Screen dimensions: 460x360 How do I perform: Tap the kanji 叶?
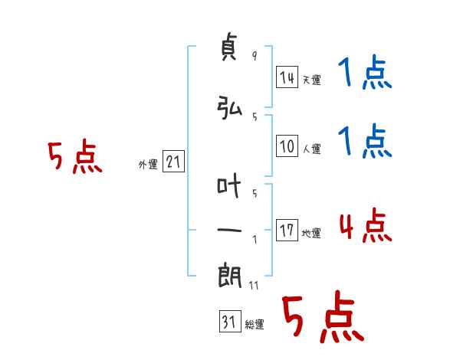[228, 185]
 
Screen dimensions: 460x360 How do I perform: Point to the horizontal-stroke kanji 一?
[229, 231]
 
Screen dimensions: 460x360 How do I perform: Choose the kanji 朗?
[229, 276]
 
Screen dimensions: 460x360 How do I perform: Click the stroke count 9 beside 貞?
[255, 55]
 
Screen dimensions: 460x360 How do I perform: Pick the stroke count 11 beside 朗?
[254, 285]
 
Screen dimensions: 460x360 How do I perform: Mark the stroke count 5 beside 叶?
[255, 193]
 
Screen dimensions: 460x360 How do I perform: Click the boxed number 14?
[287, 77]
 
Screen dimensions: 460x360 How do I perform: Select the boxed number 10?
[287, 146]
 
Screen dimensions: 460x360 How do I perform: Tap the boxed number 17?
[287, 230]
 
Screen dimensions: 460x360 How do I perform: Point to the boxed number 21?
[173, 162]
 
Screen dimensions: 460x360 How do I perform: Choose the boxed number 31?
[230, 321]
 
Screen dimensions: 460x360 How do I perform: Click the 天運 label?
[312, 80]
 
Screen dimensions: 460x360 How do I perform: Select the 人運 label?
[312, 149]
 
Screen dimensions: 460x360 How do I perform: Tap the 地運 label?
[311, 233]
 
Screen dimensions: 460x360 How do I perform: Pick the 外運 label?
[148, 165]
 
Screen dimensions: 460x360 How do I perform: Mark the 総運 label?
[255, 324]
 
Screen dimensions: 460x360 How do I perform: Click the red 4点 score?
[366, 225]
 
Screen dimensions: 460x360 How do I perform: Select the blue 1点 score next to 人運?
[365, 141]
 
